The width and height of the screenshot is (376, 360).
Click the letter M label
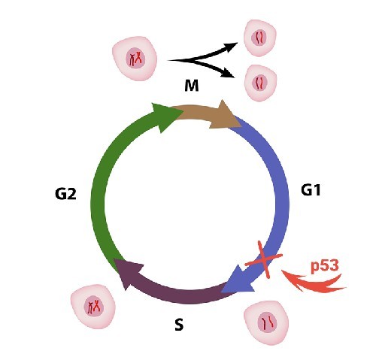[x=192, y=86]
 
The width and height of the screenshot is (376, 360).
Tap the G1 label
[x=311, y=190]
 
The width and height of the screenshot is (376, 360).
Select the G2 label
[x=65, y=194]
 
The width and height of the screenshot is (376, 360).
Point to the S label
[x=179, y=325]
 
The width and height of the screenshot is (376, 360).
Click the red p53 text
[x=325, y=266]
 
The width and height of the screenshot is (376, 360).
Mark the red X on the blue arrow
[x=264, y=259]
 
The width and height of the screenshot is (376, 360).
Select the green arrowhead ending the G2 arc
[x=166, y=116]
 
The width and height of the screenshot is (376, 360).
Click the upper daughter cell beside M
[x=260, y=38]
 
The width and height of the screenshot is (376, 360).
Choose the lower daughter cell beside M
[x=260, y=83]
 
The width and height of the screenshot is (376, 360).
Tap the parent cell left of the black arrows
[x=135, y=59]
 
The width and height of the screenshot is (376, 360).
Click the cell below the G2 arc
[x=93, y=307]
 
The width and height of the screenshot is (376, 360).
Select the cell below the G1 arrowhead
[x=266, y=322]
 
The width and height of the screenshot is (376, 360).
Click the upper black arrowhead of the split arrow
[x=231, y=47]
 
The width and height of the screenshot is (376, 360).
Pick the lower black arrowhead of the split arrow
[x=229, y=74]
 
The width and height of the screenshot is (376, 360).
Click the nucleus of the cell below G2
[x=94, y=307]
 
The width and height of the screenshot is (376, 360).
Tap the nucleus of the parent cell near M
[x=135, y=59]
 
